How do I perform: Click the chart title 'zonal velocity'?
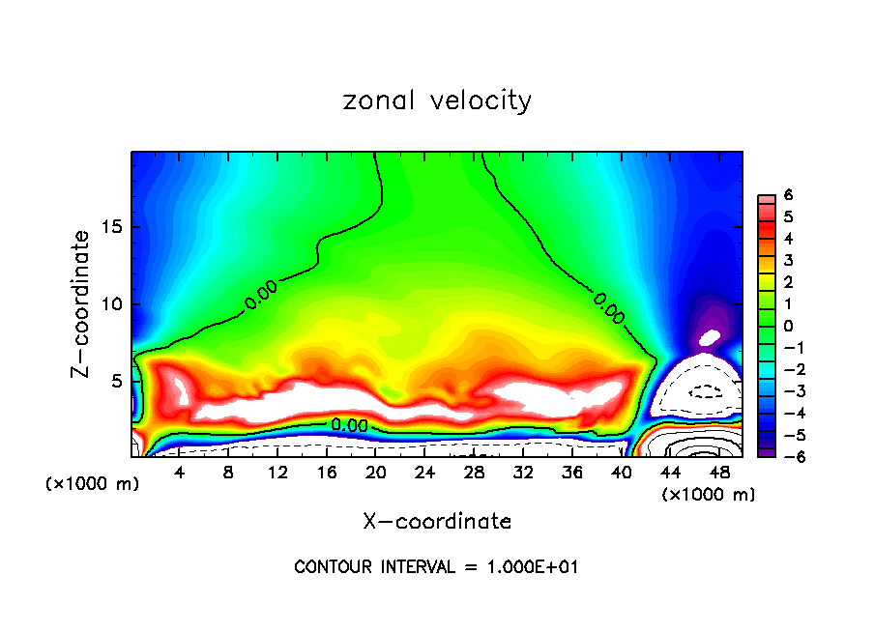437,101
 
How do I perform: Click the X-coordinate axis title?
437,522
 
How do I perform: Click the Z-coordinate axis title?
86,303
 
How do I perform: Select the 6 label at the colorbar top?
788,195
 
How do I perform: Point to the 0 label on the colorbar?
788,326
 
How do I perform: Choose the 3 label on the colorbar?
788,260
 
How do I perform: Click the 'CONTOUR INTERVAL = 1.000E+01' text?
436,567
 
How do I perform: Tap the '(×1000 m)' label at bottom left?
93,484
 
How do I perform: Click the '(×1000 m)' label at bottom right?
709,495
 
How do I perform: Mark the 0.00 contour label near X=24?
349,425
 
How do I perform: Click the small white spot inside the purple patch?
711,337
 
